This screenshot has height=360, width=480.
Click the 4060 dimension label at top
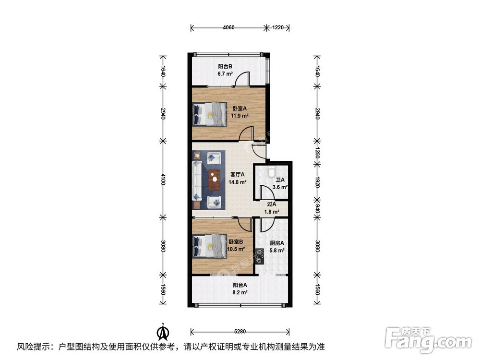228,27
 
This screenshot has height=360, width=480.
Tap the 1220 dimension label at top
278,27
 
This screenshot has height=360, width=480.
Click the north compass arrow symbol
164,332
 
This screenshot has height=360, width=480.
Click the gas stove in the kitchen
260,256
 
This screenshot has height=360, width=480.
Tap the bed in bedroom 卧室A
210,114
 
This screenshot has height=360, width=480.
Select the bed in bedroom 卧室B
210,246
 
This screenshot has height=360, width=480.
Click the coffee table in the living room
215,180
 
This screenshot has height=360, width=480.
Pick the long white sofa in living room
196,181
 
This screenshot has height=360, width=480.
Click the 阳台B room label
225,66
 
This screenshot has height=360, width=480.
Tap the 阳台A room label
240,285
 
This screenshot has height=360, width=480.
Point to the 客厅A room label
237,175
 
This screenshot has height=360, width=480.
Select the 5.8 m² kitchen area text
277,251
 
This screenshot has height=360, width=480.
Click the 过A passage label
272,204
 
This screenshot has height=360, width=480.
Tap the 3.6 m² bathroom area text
280,187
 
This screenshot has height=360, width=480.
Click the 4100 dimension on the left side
163,180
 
